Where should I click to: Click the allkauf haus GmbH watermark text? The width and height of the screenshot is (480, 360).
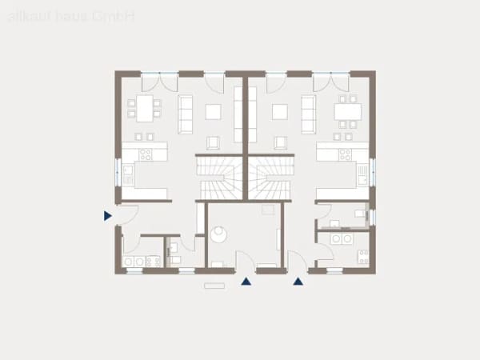point(71,17)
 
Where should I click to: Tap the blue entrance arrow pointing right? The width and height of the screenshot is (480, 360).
point(107,216)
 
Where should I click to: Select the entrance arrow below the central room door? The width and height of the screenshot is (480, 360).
point(246,282)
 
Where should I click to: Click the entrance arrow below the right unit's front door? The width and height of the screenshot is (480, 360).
point(298,282)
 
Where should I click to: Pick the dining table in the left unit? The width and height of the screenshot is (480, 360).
point(145,108)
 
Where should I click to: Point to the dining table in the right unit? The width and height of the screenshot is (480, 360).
point(348,112)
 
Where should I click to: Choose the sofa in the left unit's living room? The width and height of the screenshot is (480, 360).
point(186,114)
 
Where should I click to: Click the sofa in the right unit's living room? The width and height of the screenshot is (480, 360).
point(309,114)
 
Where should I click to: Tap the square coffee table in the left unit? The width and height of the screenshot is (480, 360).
point(214,112)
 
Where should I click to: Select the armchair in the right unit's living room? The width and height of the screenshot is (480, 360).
point(281,143)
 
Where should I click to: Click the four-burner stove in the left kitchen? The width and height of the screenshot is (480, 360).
point(146,154)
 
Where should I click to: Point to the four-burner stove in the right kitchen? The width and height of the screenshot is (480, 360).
point(345,154)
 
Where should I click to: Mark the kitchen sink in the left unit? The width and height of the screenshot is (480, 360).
point(128,174)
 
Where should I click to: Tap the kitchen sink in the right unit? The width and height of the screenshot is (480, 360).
point(362,174)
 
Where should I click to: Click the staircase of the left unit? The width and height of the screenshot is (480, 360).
point(219,178)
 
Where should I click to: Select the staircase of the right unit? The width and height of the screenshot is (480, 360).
point(270,178)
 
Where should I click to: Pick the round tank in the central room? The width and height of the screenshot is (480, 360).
point(218,234)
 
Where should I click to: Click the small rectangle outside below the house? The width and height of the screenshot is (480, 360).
point(214,286)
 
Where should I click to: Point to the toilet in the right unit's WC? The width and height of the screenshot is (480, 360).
point(361,214)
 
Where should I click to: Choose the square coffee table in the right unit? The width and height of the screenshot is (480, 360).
point(280,112)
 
